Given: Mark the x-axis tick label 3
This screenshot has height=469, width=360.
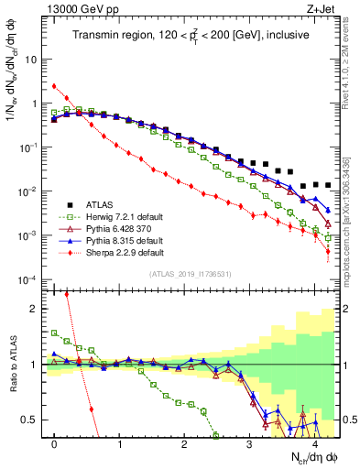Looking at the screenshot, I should point(249,442).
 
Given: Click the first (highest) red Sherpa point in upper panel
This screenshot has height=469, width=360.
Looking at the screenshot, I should point(55,87).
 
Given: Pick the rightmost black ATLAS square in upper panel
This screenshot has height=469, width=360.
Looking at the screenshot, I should point(328,184).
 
